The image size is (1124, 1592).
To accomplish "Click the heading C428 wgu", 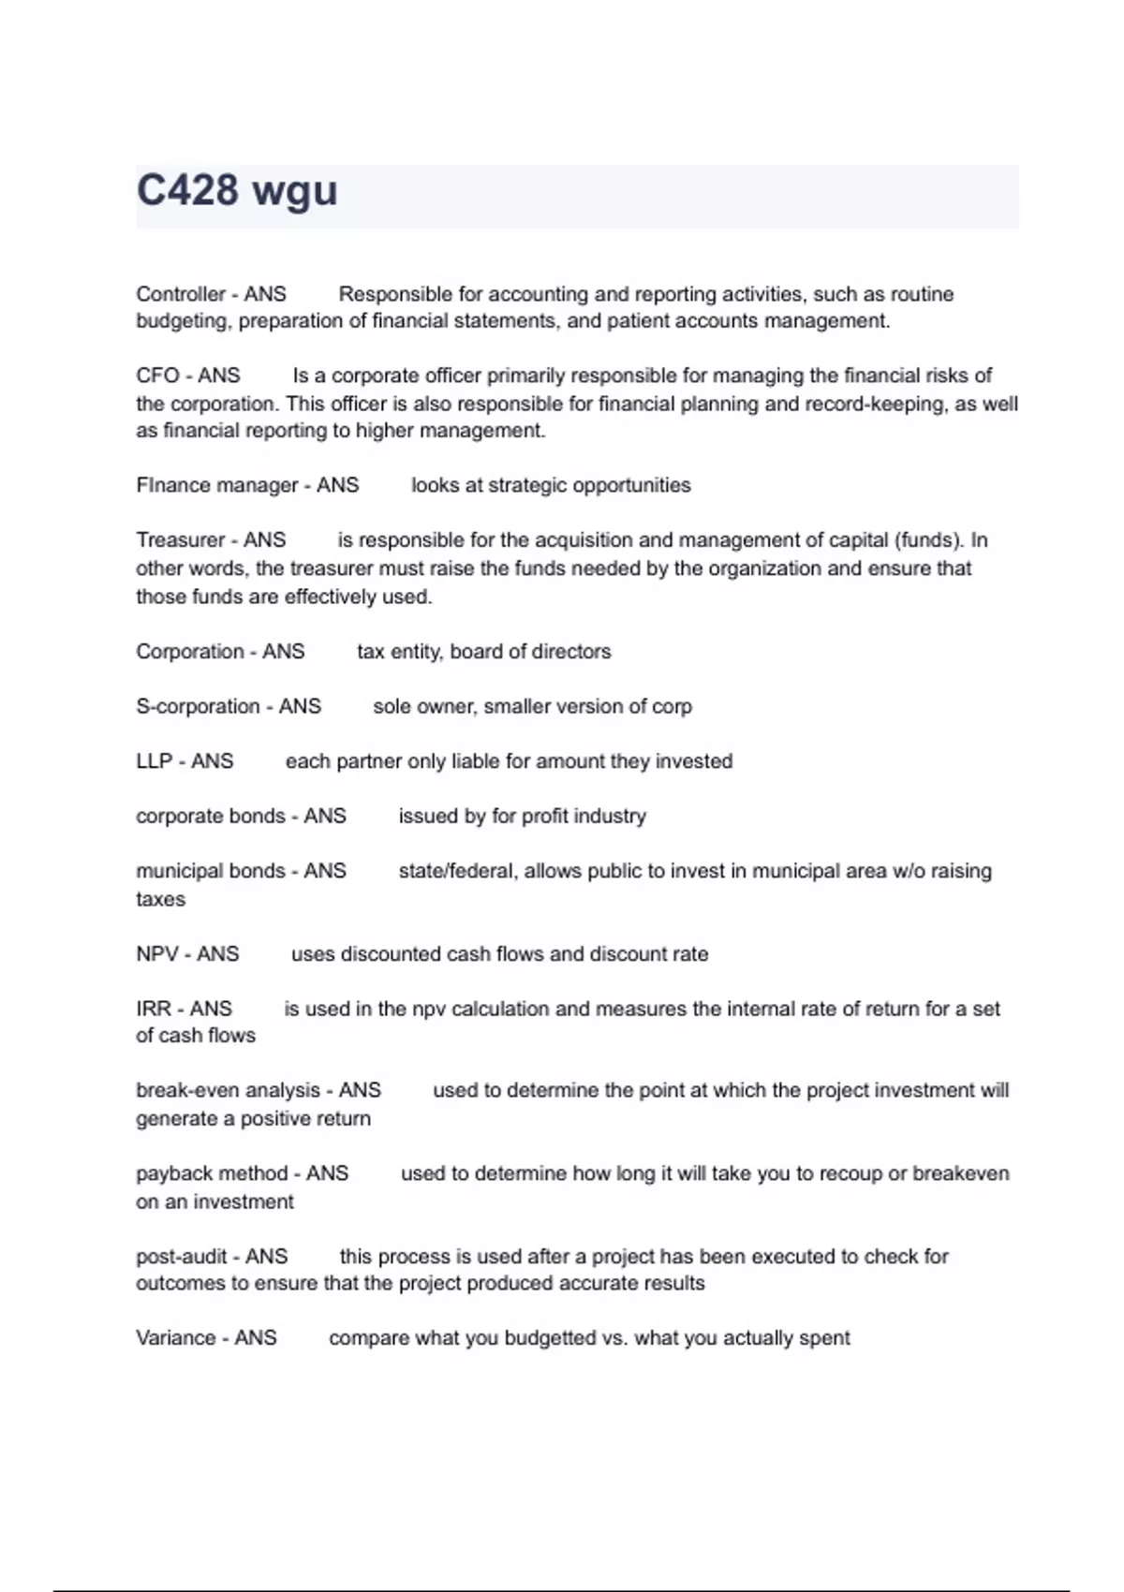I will [237, 191].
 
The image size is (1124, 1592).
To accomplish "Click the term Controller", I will [181, 294].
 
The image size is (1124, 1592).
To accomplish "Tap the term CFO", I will [157, 376].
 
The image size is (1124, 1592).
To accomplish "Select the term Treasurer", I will [181, 540].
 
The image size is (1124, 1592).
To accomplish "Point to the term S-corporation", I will [198, 706].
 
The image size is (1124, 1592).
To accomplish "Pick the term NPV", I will [157, 954].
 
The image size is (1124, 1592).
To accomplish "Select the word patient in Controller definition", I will [642, 321].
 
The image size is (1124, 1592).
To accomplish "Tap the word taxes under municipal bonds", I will [160, 899].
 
